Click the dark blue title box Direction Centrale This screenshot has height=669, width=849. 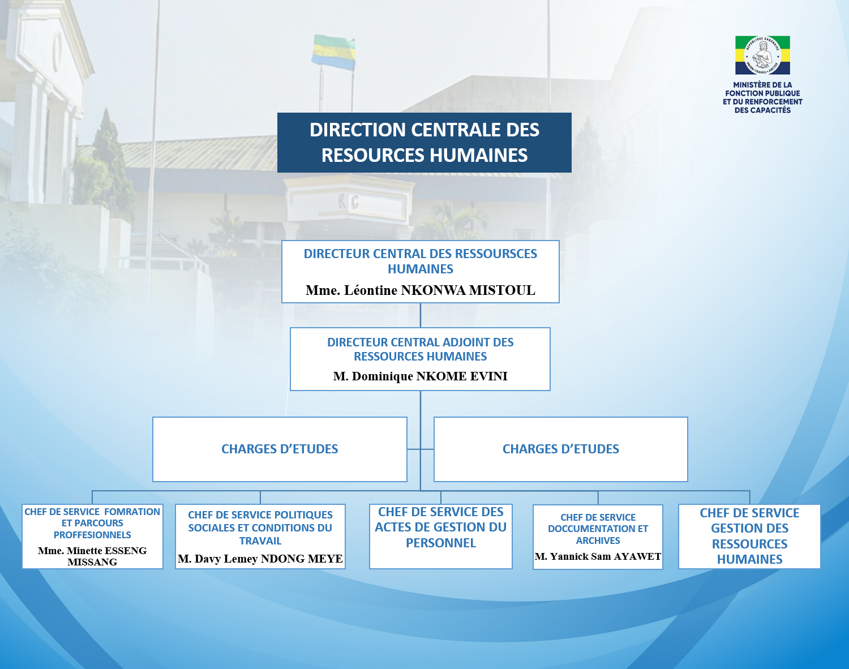point(424,143)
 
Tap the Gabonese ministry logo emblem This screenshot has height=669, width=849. point(762,55)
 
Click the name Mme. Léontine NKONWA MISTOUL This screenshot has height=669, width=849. point(420,290)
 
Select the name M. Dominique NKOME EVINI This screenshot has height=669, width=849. point(420,376)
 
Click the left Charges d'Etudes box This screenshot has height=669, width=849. point(280,449)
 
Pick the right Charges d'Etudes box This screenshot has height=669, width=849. point(560,449)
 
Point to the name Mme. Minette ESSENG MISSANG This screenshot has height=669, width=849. point(92,556)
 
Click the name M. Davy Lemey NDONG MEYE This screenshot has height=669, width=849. point(260,559)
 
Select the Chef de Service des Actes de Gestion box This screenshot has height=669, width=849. point(441,536)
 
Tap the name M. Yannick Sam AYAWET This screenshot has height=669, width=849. point(598,556)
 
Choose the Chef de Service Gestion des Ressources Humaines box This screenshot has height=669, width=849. point(749,537)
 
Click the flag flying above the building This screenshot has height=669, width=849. point(334,52)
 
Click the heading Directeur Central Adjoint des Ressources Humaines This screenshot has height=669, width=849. point(420,349)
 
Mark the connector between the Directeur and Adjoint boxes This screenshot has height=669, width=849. point(420,315)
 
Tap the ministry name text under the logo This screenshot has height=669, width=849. point(762,97)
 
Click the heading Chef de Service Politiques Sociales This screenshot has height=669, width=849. point(260,528)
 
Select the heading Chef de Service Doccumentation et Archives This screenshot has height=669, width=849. point(598,529)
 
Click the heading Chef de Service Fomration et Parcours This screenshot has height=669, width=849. point(92,523)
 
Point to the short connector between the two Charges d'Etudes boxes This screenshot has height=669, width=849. point(421,449)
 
